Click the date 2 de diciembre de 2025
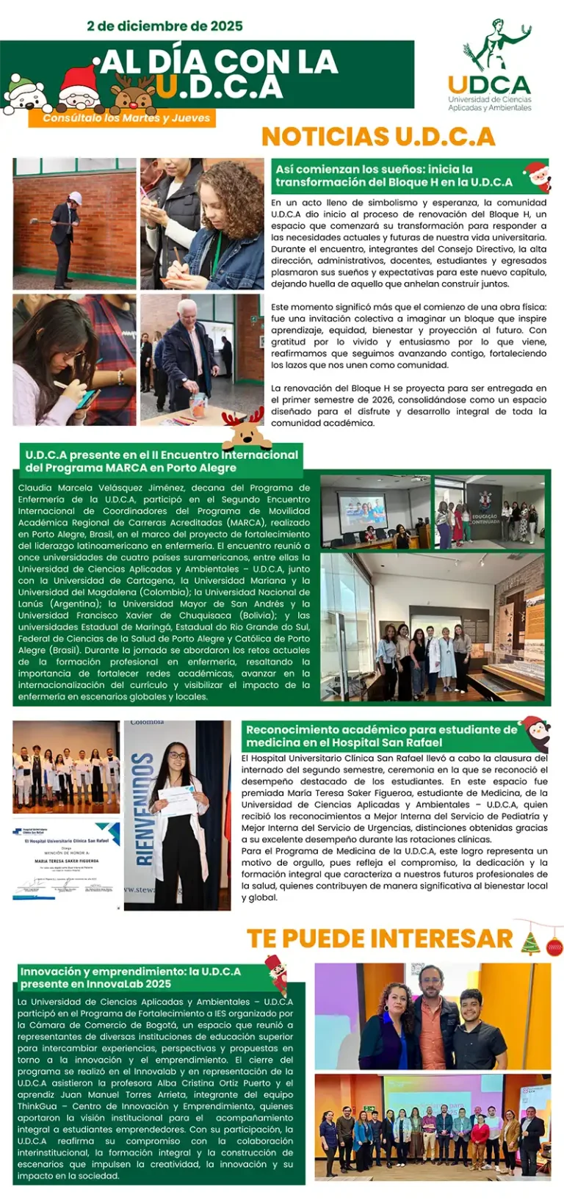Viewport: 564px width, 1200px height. [164, 26]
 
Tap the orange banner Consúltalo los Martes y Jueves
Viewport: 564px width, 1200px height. [126, 118]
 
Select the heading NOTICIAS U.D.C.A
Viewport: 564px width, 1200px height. [378, 137]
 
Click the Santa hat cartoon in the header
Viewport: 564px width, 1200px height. [79, 87]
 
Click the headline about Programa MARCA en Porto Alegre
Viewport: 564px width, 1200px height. [162, 461]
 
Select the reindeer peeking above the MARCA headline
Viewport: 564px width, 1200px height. [243, 429]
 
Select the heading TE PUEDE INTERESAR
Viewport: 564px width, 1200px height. [379, 939]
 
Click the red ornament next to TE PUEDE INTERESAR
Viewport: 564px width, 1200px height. [554, 945]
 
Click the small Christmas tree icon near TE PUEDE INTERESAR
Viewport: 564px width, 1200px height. [530, 942]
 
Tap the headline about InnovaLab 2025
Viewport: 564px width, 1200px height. [131, 977]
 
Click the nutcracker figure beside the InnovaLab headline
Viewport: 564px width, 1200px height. [275, 974]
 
